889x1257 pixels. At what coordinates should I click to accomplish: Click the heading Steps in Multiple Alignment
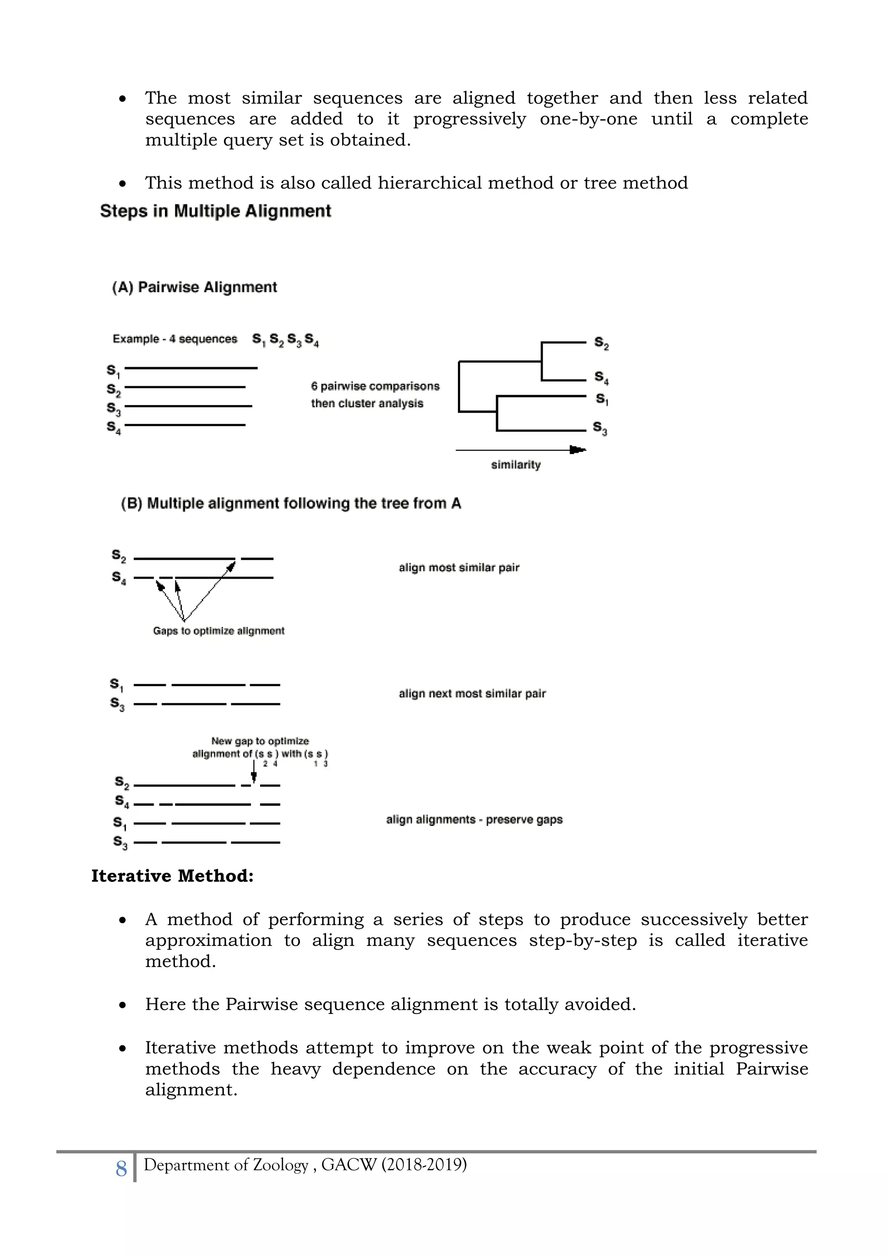click(215, 211)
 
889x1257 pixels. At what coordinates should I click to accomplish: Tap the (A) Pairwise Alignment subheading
click(194, 287)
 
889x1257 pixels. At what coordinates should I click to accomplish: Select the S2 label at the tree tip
click(601, 343)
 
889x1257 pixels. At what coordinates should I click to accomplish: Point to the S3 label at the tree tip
click(600, 428)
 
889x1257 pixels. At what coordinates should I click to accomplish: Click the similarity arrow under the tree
click(520, 450)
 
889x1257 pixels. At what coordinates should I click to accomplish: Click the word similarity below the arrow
click(516, 465)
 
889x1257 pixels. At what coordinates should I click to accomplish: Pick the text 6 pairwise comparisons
click(375, 386)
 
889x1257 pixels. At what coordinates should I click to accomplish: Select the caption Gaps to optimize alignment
click(218, 631)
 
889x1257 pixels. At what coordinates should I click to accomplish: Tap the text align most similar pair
click(459, 568)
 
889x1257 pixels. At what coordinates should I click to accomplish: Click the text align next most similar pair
click(472, 694)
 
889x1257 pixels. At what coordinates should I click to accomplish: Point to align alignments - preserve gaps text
click(474, 819)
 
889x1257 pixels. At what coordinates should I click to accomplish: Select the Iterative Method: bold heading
click(172, 876)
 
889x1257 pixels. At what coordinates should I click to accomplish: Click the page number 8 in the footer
click(121, 1169)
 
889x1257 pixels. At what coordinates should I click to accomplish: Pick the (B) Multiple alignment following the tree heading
click(291, 503)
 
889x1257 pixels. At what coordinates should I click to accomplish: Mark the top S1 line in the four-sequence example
click(191, 368)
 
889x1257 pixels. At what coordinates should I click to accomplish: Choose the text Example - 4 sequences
click(175, 339)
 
